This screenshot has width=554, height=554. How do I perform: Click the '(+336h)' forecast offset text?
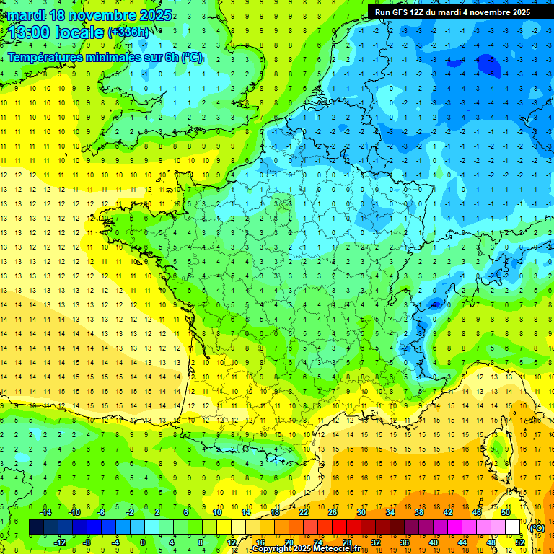[129, 32]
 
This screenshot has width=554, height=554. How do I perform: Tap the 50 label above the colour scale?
[506, 511]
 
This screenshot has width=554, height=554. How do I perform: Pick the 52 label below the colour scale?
[520, 542]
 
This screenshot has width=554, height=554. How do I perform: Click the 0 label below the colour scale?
[142, 542]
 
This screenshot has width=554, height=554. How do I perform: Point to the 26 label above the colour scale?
[333, 511]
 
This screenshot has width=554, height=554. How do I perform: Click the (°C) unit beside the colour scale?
[537, 527]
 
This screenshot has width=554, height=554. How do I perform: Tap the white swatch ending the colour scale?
[513, 527]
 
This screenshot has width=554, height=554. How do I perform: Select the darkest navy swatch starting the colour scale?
[36, 527]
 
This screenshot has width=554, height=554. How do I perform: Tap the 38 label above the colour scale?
[419, 511]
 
